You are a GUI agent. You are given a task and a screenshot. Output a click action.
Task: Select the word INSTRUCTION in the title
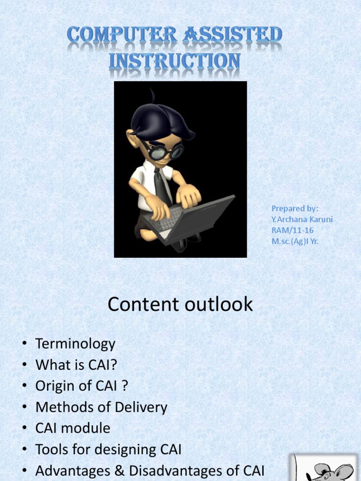click(175, 62)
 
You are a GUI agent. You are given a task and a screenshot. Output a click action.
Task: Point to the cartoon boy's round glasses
click(165, 151)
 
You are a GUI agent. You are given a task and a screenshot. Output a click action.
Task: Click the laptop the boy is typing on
click(193, 218)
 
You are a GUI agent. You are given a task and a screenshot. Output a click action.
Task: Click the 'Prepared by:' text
click(295, 208)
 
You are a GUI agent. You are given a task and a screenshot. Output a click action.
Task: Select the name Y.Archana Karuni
click(302, 219)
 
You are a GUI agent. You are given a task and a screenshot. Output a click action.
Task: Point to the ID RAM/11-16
click(292, 230)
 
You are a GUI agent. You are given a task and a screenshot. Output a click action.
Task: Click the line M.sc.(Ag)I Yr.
click(295, 241)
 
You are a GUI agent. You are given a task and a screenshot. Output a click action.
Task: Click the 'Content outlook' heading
click(180, 305)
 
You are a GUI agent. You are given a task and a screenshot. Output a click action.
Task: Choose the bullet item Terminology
click(75, 344)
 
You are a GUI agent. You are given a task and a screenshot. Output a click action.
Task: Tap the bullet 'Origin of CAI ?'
click(82, 386)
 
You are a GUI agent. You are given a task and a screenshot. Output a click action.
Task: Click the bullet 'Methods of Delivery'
click(101, 407)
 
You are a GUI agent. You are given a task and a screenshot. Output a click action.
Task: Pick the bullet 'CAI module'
click(73, 428)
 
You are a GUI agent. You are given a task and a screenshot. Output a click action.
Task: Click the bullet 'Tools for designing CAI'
click(108, 450)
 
